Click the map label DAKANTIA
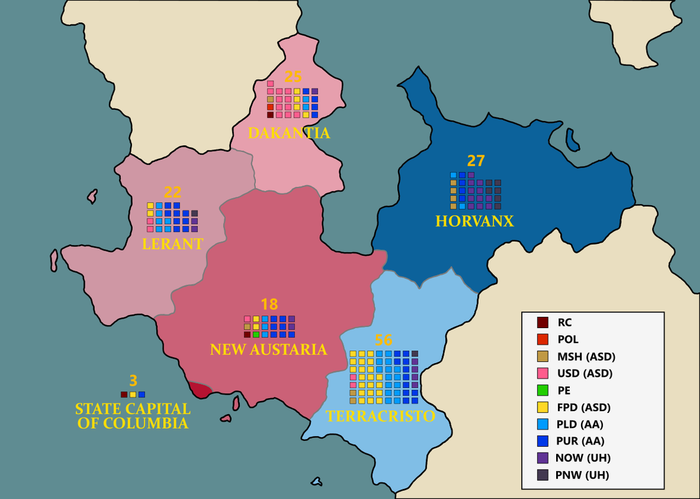point(289,133)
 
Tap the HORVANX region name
point(475,221)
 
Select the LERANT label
point(173,244)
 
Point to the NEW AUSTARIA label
point(268,349)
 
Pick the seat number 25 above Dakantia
point(293,77)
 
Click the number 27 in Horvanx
point(476,161)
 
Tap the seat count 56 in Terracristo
point(384,340)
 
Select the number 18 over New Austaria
point(269,304)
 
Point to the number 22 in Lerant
point(173,191)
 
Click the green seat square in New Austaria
point(256,335)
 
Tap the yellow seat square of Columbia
point(133,394)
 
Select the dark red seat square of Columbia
point(124,394)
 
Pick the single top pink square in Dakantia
point(270,84)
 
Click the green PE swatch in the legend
point(542,390)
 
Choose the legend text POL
point(568,339)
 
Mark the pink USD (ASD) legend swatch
point(542,374)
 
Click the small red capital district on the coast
point(200,390)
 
